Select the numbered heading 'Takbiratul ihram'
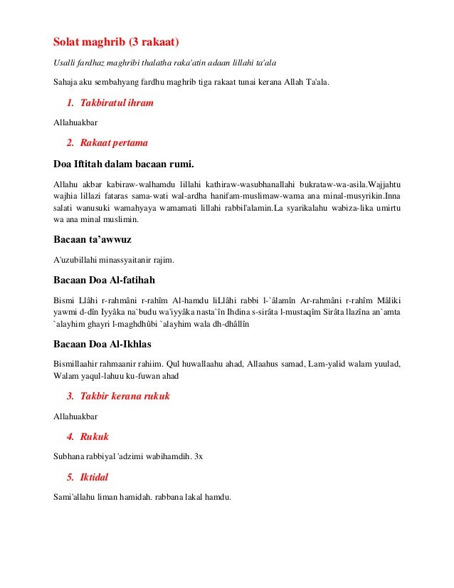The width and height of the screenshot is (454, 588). coord(117,103)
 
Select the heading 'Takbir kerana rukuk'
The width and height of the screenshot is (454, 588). coord(125,396)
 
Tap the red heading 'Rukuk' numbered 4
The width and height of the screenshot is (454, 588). coord(95,436)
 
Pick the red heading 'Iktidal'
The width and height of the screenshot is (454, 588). coord(97,477)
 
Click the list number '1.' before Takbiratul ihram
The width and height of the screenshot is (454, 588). coord(70,103)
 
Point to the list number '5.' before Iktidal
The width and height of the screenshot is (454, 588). coord(70,477)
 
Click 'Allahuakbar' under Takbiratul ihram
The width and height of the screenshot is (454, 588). coord(76,122)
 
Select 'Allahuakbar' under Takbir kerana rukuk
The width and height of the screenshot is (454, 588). coord(76,416)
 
